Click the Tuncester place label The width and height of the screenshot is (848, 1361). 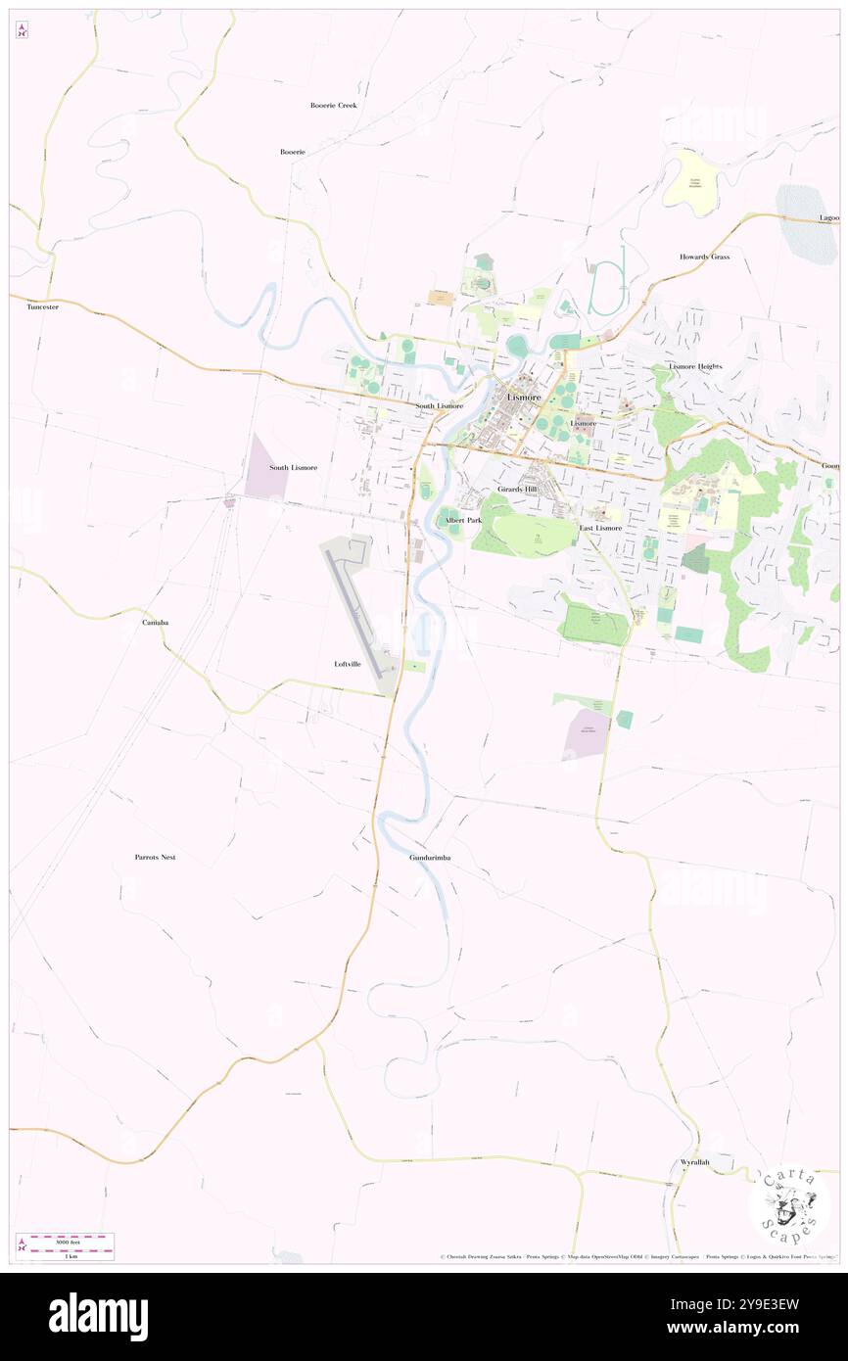(42, 306)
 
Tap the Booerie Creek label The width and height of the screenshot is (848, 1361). (334, 105)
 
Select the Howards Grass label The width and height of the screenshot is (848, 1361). (705, 257)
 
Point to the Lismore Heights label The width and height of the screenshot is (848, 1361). (695, 365)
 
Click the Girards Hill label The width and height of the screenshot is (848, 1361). (517, 488)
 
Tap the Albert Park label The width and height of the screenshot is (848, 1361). (462, 520)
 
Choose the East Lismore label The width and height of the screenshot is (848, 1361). (600, 528)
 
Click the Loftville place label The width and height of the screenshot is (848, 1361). (348, 664)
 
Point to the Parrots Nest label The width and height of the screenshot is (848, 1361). (155, 857)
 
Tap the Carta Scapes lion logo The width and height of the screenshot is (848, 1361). (789, 1203)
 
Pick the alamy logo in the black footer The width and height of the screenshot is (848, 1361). (98, 1317)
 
